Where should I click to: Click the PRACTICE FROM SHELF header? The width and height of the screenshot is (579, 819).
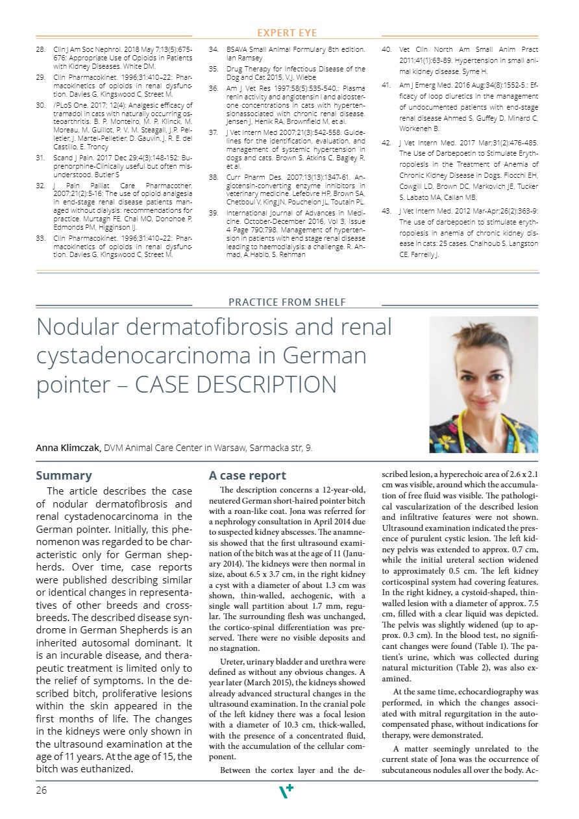pyautogui.click(x=287, y=302)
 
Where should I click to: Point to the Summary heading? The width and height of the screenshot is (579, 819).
pyautogui.click(x=64, y=476)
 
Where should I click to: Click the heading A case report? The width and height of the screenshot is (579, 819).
pyautogui.click(x=247, y=476)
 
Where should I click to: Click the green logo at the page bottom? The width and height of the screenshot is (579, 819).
pyautogui.click(x=286, y=791)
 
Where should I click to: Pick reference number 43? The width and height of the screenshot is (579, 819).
pyautogui.click(x=386, y=211)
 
